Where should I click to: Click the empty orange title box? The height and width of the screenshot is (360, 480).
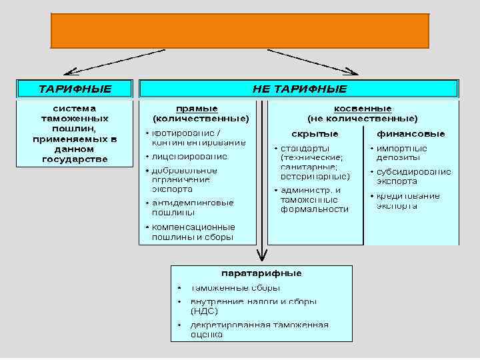pos(240,31)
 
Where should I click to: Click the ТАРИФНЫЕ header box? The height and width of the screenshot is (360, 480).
pos(75,88)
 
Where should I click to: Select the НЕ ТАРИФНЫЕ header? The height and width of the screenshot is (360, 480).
pos(299,88)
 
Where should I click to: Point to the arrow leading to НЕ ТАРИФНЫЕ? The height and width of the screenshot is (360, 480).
pos(313,61)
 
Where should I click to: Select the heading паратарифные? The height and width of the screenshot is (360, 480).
pos(261,273)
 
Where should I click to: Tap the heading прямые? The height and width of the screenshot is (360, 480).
pos(197,109)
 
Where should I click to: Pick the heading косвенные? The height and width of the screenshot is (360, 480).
pos(363,109)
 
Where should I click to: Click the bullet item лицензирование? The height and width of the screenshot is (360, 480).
pos(189,156)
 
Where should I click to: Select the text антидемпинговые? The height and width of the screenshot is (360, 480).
pos(193,203)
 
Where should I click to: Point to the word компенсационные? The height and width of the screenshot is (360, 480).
pos(193,227)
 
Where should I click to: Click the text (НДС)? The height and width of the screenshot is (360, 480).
pos(203,311)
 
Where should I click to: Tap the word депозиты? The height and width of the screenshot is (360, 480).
pos(399,157)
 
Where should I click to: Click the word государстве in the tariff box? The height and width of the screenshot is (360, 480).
pos(75,159)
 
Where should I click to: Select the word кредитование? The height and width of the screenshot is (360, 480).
pos(408,196)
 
